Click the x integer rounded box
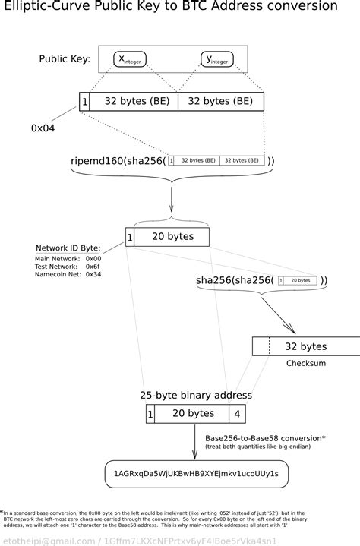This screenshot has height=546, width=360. point(129,59)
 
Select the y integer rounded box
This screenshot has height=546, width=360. point(216,59)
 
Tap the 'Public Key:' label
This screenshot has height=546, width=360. point(65,59)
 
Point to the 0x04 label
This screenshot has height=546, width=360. point(43,128)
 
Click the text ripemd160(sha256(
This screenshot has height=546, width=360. point(118,161)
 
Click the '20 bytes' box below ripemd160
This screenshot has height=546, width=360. point(172,237)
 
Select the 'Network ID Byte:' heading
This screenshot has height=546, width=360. point(68,248)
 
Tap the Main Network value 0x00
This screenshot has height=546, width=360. point(93,259)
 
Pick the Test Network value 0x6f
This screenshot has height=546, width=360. point(93,267)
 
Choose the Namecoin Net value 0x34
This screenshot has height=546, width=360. point(93,275)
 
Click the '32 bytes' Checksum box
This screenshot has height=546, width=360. point(305,346)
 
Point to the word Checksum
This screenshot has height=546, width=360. point(306,364)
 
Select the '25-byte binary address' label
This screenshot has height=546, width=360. point(196,396)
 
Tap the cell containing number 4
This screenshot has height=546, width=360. point(237,414)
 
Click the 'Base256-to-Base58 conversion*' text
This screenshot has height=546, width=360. point(265,439)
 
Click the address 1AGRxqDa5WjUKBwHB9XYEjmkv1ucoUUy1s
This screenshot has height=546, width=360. point(196,474)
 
